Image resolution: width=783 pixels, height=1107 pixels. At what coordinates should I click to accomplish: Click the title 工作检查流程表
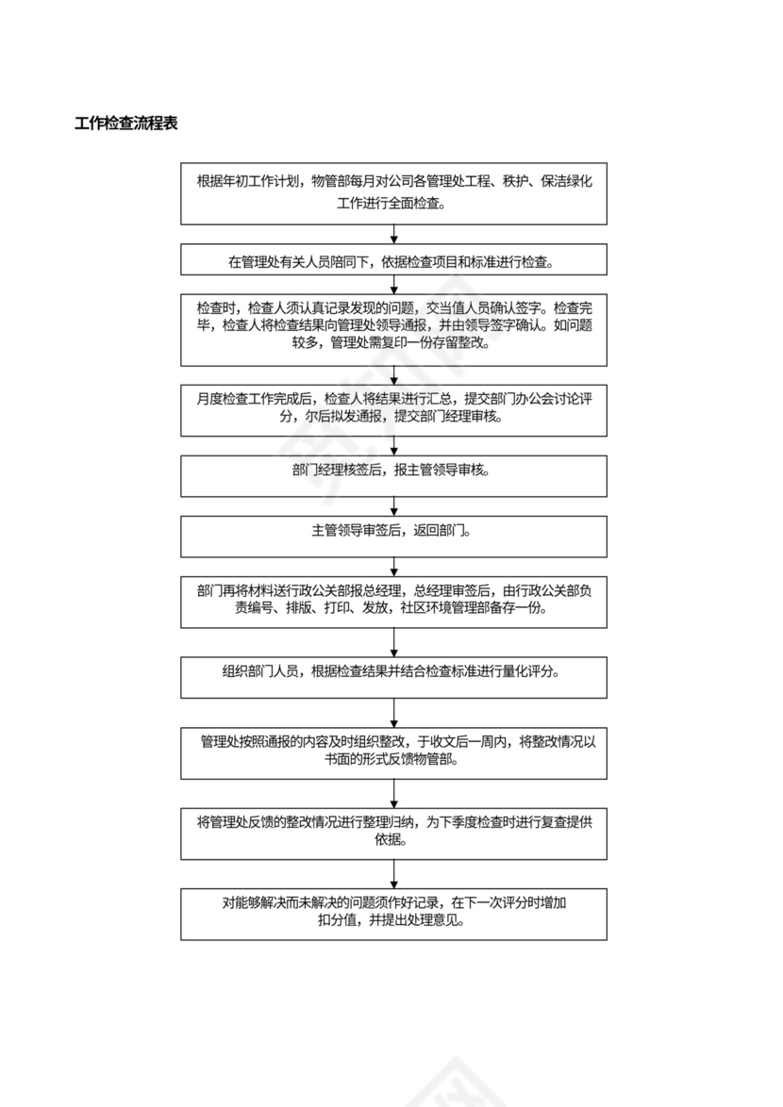point(126,124)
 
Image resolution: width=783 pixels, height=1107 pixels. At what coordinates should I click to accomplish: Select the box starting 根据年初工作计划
point(393,193)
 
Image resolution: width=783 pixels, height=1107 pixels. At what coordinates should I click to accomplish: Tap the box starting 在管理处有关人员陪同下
point(393,260)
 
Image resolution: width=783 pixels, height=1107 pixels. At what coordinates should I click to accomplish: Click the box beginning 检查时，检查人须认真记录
point(393,328)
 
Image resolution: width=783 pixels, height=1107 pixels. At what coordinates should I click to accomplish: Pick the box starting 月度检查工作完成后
point(393,409)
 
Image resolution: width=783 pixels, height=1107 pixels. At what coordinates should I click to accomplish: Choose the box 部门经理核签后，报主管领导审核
point(393,476)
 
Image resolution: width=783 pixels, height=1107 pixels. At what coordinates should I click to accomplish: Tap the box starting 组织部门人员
point(393,678)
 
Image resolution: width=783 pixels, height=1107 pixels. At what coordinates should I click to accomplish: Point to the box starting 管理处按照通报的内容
point(393,752)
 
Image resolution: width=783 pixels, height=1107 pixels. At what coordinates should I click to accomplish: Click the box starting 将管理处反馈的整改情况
point(393,832)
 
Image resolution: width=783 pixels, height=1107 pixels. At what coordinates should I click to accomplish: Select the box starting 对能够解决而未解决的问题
point(393,913)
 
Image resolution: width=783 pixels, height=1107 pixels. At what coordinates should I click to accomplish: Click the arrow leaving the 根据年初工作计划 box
point(393,235)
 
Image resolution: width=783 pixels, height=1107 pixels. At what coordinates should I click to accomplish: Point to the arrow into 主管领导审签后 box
point(393,506)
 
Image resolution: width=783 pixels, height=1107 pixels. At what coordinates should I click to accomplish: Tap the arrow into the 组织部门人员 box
point(393,644)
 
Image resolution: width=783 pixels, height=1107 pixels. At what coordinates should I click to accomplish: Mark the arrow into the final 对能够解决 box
point(393,872)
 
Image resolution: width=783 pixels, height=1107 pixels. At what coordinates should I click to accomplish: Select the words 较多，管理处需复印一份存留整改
point(393,344)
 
